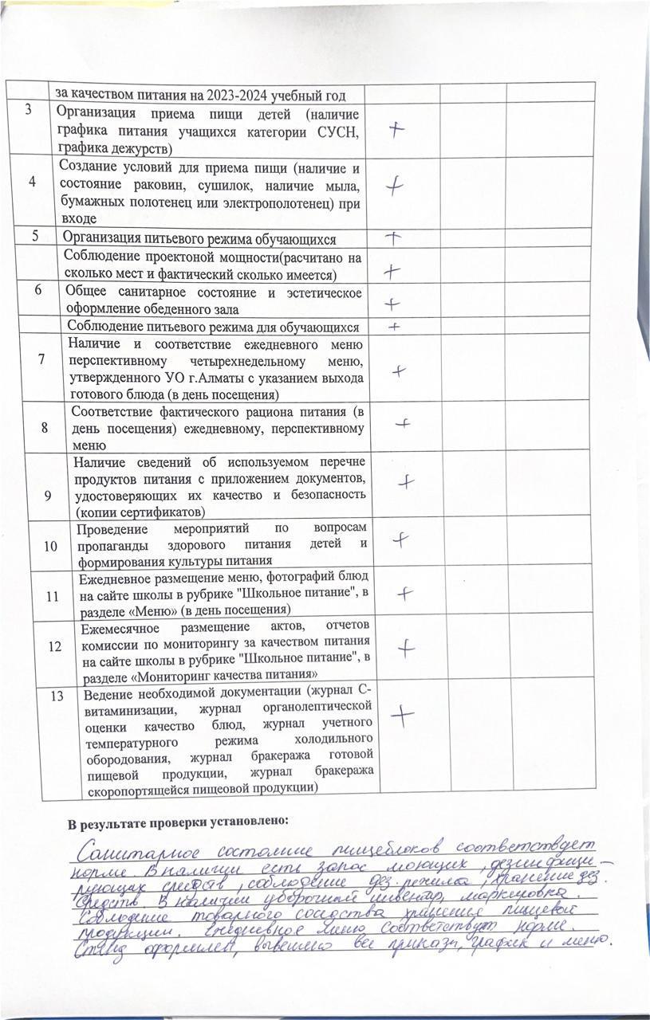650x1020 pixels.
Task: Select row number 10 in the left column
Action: click(x=50, y=546)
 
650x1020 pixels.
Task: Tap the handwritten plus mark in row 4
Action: click(x=393, y=186)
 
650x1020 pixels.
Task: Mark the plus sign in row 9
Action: click(x=407, y=481)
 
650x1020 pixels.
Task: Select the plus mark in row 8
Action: click(x=403, y=424)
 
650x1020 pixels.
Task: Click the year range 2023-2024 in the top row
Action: click(x=236, y=96)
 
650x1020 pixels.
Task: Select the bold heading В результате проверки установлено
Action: click(x=177, y=821)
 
